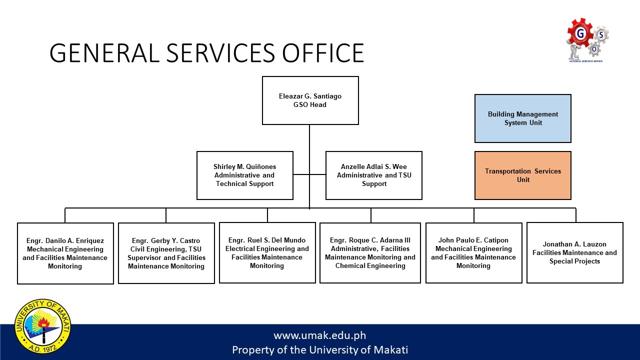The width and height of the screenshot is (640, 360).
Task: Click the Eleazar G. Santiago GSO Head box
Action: coord(310,100)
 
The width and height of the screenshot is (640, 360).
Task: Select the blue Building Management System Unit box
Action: coord(522,118)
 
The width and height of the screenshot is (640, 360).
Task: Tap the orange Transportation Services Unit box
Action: coord(522,175)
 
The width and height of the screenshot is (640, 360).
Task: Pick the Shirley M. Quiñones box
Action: coord(244,175)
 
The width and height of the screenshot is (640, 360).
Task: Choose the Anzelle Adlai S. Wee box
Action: coord(373,175)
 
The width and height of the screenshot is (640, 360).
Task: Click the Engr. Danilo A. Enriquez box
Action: coord(65,253)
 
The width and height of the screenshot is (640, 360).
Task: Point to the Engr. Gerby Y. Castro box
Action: coord(166,253)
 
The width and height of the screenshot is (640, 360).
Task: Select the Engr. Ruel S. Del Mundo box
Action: coord(267,253)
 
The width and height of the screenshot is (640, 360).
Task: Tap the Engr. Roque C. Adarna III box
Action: coord(370,253)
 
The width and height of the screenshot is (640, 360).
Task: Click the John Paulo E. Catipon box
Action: coord(473,253)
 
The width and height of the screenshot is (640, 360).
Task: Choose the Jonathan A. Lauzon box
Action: coord(574,252)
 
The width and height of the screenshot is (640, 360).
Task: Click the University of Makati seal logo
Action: coord(43,325)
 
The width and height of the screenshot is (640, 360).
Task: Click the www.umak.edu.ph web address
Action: coord(320,335)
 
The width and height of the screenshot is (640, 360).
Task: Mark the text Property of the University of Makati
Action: coord(320,350)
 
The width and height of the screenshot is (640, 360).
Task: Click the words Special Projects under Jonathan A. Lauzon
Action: coord(574,261)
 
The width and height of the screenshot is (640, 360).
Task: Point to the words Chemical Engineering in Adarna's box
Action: coord(370,266)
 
